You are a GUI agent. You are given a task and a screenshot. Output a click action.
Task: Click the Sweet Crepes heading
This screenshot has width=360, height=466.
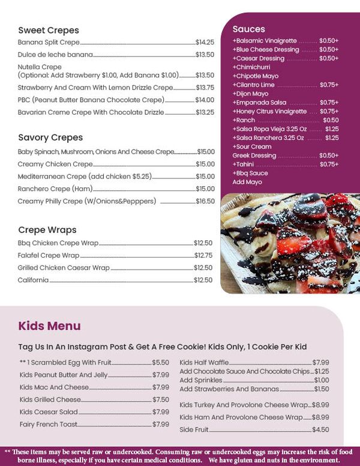click(x=49, y=30)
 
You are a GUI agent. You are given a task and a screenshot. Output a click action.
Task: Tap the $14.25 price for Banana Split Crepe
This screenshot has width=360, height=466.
click(x=205, y=43)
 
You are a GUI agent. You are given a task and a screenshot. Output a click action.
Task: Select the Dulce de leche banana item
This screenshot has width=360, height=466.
click(x=55, y=55)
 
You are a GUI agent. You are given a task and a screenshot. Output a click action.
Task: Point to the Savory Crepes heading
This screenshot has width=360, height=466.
click(x=50, y=138)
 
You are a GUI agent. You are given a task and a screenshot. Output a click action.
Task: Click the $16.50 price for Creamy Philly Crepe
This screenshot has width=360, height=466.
click(x=205, y=201)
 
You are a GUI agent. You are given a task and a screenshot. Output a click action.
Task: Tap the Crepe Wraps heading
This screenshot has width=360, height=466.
click(x=47, y=229)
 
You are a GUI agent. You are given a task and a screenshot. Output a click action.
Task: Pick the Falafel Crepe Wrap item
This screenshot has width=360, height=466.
click(x=49, y=255)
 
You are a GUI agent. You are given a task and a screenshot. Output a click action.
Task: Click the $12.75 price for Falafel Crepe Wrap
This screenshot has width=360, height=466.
click(x=203, y=255)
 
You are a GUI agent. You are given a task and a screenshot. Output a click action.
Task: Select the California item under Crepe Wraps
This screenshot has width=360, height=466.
click(x=33, y=280)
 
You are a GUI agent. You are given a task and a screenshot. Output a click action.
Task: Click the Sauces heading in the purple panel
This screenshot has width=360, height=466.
click(x=248, y=29)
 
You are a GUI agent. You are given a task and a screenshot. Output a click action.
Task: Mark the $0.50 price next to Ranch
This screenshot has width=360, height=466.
click(x=331, y=120)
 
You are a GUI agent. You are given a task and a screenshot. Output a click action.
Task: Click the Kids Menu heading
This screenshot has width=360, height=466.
click(x=49, y=326)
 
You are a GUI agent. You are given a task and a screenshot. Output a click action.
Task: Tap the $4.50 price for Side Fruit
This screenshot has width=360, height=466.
click(x=320, y=429)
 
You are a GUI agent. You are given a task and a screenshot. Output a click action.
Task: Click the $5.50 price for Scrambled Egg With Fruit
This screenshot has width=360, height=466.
click(x=160, y=362)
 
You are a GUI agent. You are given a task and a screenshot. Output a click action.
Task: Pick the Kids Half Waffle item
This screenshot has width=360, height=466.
click(x=204, y=362)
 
